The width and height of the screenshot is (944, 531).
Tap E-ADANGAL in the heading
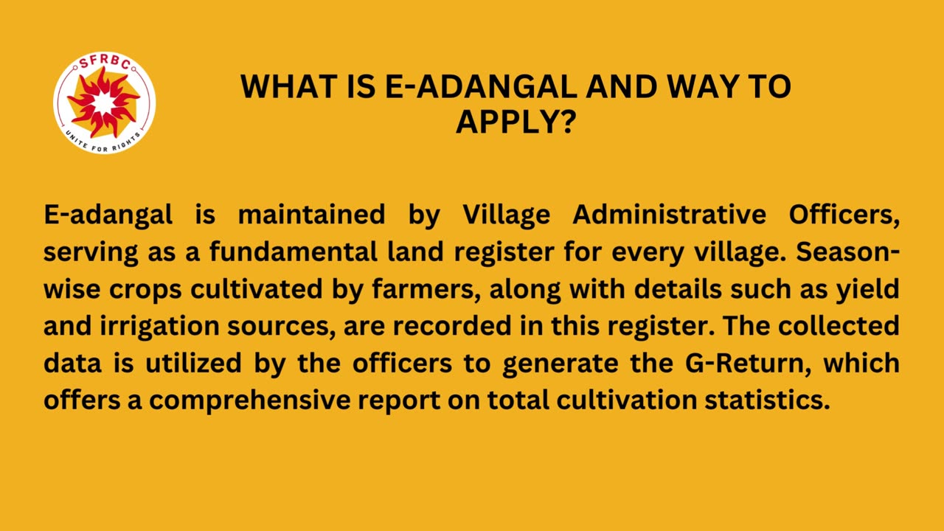(481, 87)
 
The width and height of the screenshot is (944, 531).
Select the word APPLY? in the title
(516, 122)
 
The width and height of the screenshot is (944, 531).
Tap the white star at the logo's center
(104, 103)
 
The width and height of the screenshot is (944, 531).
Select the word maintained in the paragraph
(311, 214)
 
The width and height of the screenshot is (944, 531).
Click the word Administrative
(669, 214)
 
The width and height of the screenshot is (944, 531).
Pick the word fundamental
(294, 251)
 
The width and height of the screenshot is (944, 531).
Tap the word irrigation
(160, 326)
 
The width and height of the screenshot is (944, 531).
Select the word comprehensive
(250, 400)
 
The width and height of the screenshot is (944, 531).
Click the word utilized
(193, 364)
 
